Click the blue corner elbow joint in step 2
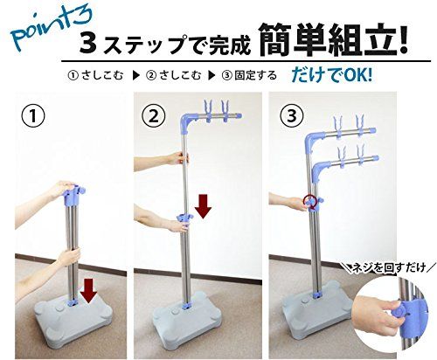point(194,122)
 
